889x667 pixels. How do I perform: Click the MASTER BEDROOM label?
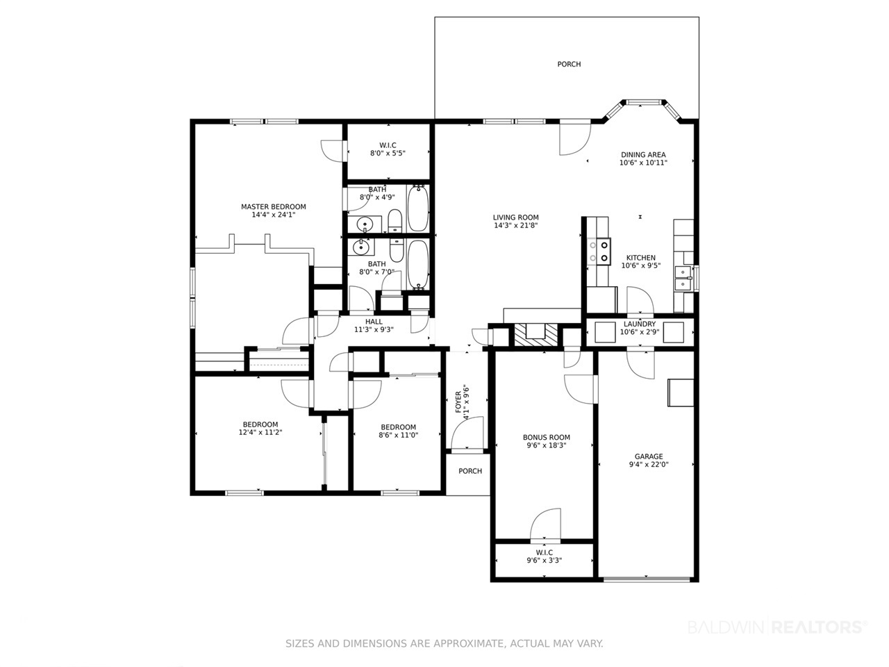tap(274, 206)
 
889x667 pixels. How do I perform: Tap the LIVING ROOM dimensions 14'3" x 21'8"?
tap(515, 226)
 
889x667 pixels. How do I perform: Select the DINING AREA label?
tap(643, 155)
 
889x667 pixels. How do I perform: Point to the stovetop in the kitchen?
tap(599, 251)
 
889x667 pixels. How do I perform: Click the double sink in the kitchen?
tap(683, 278)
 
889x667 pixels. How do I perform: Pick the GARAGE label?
tap(649, 456)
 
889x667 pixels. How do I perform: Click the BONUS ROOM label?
tap(547, 438)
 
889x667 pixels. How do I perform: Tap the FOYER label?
tap(458, 402)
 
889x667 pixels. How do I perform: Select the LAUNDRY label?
tap(640, 324)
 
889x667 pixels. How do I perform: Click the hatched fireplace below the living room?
tap(535, 336)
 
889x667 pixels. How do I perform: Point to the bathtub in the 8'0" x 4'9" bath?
tap(418, 208)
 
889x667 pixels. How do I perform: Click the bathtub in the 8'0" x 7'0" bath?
tap(418, 265)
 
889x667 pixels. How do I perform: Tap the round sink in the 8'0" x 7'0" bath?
tap(360, 247)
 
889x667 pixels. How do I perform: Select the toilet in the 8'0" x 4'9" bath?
tap(394, 221)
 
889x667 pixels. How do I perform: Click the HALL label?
tap(374, 322)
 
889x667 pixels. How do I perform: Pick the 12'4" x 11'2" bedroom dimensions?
tap(260, 432)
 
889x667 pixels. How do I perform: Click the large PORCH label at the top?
tap(569, 64)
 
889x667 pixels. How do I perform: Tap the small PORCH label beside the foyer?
tap(470, 471)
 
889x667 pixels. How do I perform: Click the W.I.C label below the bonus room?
tap(544, 552)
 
